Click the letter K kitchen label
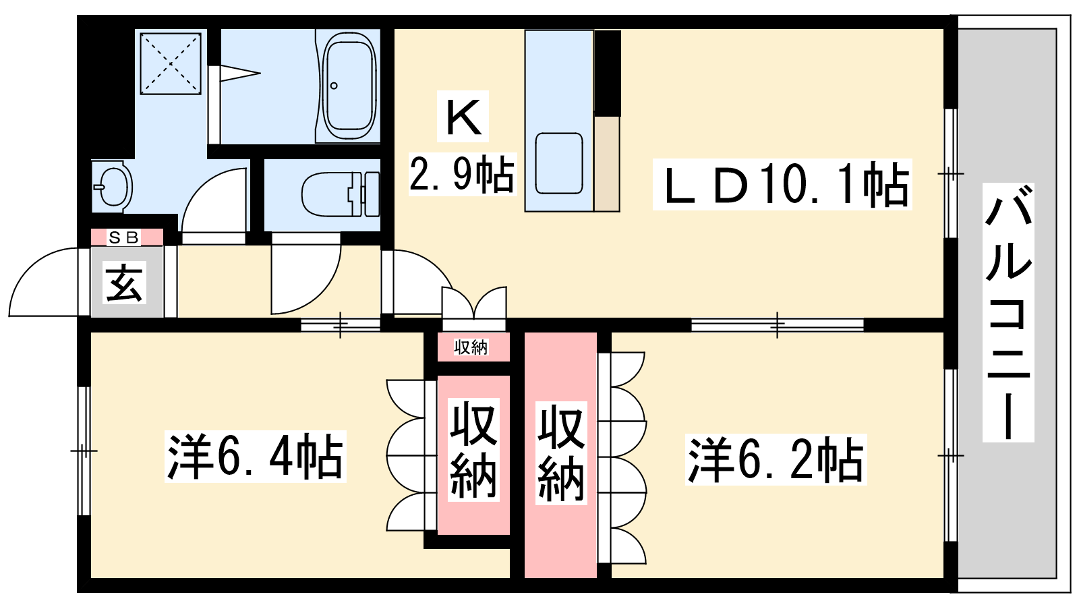click(463, 117)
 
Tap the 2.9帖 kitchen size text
click(462, 175)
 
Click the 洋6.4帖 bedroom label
click(256, 457)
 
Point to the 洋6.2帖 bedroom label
click(776, 459)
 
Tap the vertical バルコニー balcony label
click(1009, 312)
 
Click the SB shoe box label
click(124, 237)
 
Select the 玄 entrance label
click(124, 283)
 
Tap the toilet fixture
click(341, 195)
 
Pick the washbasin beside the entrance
click(113, 187)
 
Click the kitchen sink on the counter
click(559, 163)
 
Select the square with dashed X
click(171, 63)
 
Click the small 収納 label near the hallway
click(471, 347)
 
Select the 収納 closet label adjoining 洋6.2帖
click(561, 453)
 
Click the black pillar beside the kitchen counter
click(607, 74)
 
